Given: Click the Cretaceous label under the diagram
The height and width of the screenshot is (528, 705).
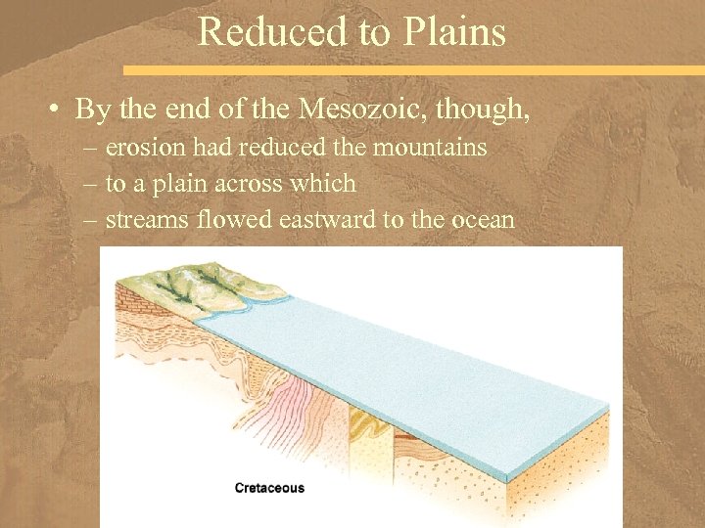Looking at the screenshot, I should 269,488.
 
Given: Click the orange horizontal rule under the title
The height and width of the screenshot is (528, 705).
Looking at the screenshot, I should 411,70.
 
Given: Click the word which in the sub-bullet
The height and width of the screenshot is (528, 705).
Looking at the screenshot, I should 328,183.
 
